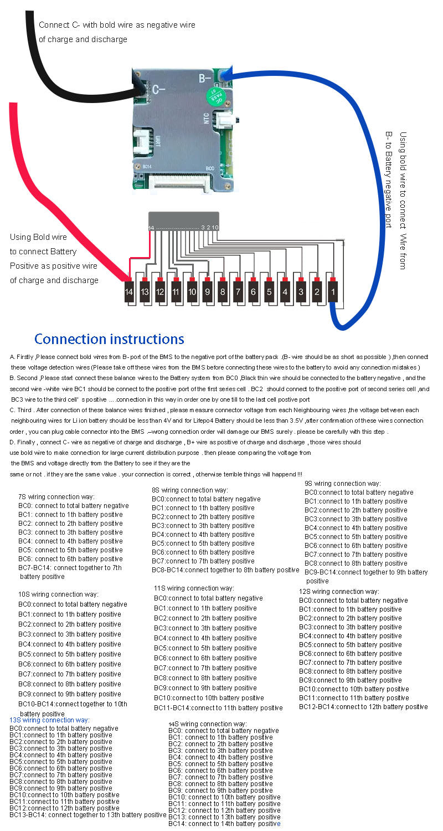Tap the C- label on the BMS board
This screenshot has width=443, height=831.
point(159,89)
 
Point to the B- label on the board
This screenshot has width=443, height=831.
point(205,78)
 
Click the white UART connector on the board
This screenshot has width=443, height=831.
point(141,141)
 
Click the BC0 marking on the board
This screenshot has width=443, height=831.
point(210,168)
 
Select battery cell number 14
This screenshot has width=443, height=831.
point(129,291)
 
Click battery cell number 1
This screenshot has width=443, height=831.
point(333,291)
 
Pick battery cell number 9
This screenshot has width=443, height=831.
point(207,291)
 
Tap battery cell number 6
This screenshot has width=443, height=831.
point(254,291)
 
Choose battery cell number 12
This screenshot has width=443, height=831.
point(160,291)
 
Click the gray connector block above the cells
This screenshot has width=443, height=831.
point(183,220)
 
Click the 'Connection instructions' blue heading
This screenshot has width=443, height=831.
point(109,339)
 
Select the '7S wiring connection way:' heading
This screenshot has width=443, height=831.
point(56,497)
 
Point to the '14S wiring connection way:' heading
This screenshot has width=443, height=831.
point(207,724)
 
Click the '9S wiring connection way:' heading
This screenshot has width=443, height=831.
point(343,484)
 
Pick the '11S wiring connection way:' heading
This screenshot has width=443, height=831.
point(194,588)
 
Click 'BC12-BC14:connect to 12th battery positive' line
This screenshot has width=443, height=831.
point(363,707)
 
